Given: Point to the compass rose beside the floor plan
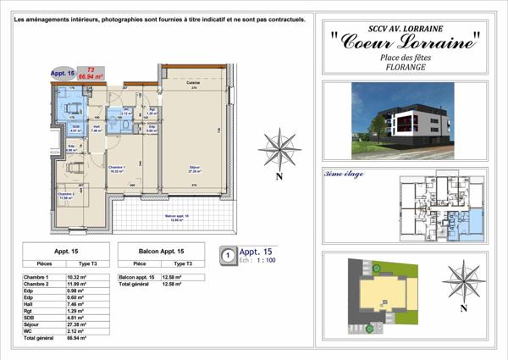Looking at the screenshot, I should coord(279,148).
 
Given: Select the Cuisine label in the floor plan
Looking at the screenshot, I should coord(192,82).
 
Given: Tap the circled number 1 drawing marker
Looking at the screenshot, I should coord(226,254).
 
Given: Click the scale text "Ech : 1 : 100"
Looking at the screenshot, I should coord(258,261).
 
